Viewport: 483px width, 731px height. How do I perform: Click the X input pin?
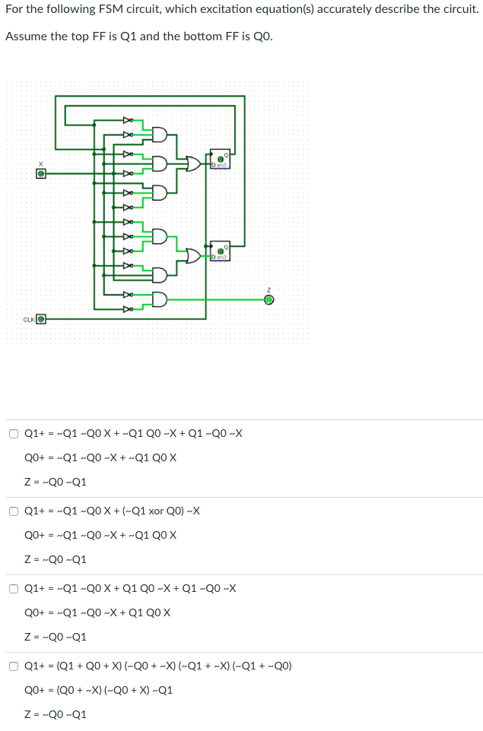(43, 173)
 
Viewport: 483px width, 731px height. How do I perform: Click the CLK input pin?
(41, 318)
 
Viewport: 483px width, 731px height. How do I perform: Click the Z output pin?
(268, 299)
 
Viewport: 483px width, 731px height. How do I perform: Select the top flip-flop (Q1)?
(220, 159)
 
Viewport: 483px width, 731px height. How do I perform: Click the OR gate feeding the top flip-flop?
(193, 163)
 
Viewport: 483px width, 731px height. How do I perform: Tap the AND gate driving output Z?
(160, 299)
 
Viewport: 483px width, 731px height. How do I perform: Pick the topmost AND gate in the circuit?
(160, 135)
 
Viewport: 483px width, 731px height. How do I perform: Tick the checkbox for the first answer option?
(14, 434)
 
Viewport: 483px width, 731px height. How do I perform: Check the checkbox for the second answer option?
(14, 511)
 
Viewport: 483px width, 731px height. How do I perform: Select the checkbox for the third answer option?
(14, 589)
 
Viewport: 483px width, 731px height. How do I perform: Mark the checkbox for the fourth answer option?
(14, 666)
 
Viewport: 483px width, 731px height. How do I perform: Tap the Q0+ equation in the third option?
(97, 613)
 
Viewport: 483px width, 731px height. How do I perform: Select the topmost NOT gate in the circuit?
(129, 120)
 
